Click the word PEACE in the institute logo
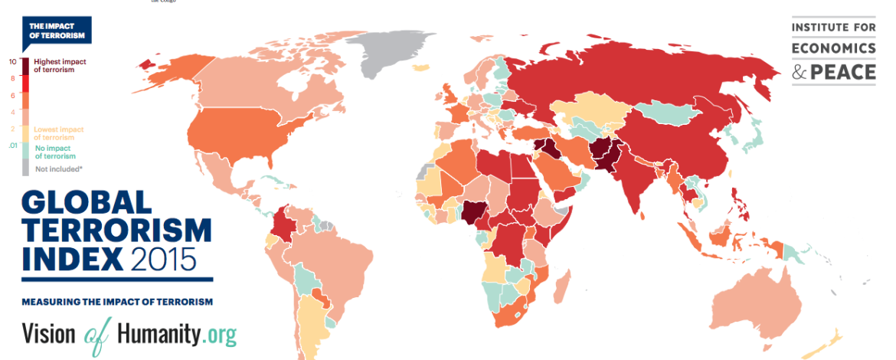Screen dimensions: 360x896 [x=844, y=72]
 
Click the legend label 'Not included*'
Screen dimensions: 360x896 [x=54, y=168]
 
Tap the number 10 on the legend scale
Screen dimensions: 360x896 [x=13, y=61]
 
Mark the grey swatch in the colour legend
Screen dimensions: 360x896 [x=26, y=168]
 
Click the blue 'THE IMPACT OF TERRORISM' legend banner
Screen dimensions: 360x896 [x=56, y=31]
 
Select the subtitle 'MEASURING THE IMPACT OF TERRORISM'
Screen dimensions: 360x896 [x=116, y=302]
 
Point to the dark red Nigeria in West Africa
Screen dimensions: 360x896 [x=473, y=211]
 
